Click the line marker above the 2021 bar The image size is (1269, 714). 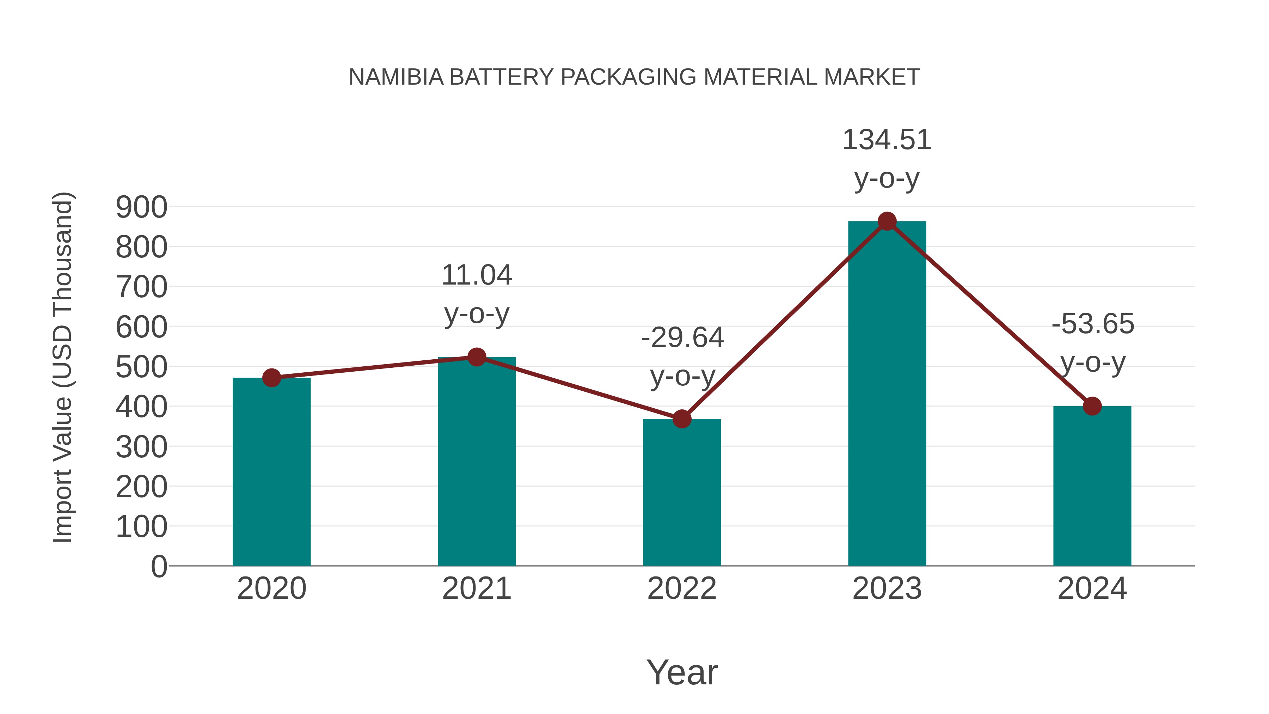coord(476,357)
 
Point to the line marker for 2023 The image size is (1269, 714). coord(887,221)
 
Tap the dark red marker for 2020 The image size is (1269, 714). coord(271,378)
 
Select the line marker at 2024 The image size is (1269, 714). coord(1092,406)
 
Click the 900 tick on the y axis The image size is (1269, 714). coord(141,207)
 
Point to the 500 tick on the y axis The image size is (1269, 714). coord(141,367)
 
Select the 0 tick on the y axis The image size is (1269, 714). coord(159,566)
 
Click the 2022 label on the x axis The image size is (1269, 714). coord(682,588)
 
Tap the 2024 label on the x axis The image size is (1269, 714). coord(1092,588)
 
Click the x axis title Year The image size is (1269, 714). coord(682,672)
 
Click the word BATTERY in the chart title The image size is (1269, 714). coord(502,77)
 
